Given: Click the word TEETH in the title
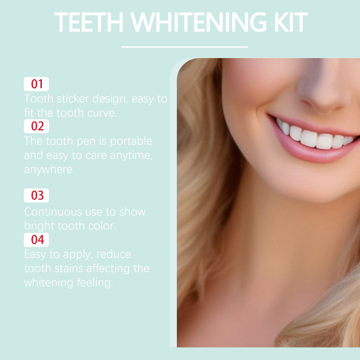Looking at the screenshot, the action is point(89,22).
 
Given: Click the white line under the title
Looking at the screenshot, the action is point(185,47).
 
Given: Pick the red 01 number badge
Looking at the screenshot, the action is point(36,84).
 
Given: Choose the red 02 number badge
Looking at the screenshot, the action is point(36,126).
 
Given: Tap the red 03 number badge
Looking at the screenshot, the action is point(36,195).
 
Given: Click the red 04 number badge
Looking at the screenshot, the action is point(36,240).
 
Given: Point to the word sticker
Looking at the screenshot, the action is point(73,99).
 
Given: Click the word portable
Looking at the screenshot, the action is point(131,141).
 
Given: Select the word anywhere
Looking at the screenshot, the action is point(49,170).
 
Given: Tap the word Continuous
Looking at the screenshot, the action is point(53,211).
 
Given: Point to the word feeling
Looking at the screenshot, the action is point(95,283).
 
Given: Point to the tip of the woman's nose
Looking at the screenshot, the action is point(323,101).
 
